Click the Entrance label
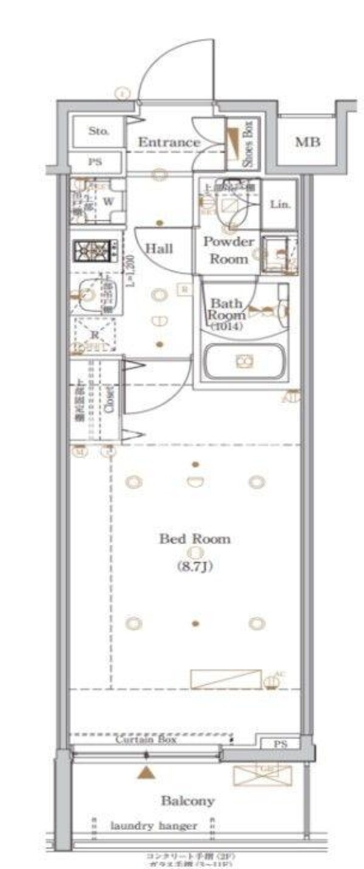pos(169,142)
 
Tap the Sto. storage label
pos(98,131)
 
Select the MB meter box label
pos(308,143)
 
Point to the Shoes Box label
pos(249,144)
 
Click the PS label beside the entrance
pos(96,162)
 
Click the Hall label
pos(160,248)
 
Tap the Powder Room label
pos(229,250)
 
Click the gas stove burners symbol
pos(93,250)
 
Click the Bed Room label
pos(195,539)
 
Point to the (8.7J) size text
pos(194,568)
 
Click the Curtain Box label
pos(146,741)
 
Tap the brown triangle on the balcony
pos(145,772)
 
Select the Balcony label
pos(187,801)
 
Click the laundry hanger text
pos(153,825)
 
